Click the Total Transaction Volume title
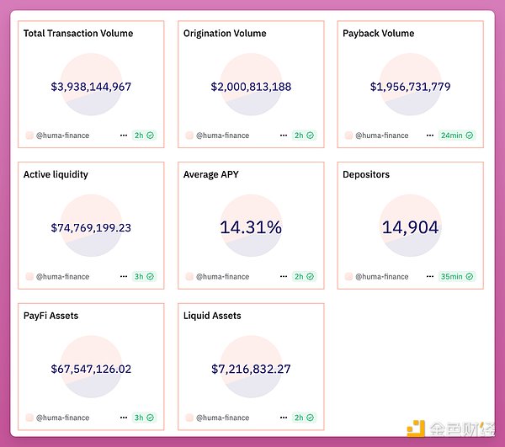click(78, 34)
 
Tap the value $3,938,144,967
click(91, 87)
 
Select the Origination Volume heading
click(225, 34)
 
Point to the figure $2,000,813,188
click(251, 87)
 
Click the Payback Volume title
click(379, 34)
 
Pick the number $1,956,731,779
click(410, 87)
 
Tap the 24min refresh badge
click(456, 135)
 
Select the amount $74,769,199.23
click(91, 227)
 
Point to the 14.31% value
click(251, 227)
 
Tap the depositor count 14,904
click(410, 227)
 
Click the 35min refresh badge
click(456, 276)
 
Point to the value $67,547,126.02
click(91, 369)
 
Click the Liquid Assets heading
click(212, 316)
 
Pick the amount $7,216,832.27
click(251, 369)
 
